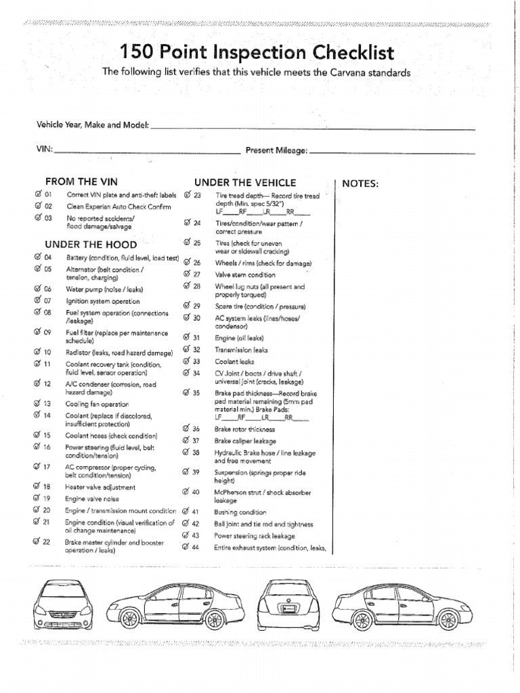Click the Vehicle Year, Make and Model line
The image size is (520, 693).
pos(311,127)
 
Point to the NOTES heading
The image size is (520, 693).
pos(360,183)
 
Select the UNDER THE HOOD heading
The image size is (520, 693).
pos(91,244)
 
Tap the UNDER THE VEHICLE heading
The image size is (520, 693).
pos(245,182)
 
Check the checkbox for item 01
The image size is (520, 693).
pos(37,194)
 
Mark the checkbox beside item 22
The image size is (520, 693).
pos(37,541)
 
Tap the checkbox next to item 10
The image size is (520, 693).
pos(37,352)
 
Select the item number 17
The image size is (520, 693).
pos(47,467)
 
